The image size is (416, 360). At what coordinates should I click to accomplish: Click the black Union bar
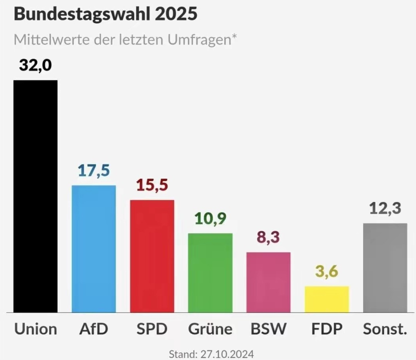pos(35,196)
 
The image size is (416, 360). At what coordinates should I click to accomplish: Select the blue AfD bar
pos(94,249)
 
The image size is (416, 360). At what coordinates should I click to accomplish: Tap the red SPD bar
pos(152,256)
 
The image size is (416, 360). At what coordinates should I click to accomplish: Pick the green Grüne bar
pos(210,273)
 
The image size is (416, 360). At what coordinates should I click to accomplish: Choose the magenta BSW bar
pos(268,282)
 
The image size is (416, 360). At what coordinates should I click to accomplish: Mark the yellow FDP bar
pos(327,299)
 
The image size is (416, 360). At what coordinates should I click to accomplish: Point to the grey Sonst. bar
pos(385,268)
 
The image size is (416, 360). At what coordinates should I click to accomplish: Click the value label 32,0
pos(35,66)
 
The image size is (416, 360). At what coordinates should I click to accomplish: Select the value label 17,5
pos(94,170)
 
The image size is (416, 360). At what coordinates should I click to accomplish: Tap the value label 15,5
pos(152,185)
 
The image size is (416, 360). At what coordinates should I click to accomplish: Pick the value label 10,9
pos(210,219)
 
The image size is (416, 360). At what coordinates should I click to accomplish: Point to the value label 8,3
pos(268,237)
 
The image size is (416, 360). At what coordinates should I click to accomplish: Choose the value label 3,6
pos(327,271)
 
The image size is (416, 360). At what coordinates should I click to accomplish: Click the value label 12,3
pos(385,208)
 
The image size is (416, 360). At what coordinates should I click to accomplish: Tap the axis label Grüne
pos(210,329)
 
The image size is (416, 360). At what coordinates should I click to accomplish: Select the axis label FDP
pos(327,329)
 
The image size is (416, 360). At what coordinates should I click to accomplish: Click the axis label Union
pos(36,329)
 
